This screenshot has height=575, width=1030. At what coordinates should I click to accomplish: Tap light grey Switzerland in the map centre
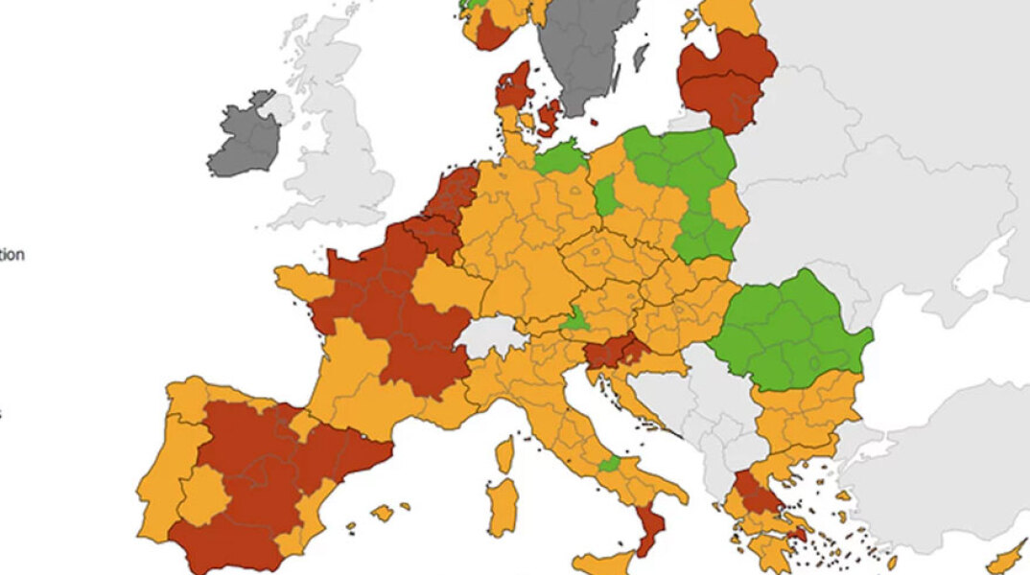(x=491, y=336)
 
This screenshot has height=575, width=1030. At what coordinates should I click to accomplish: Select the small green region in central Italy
(x=608, y=464)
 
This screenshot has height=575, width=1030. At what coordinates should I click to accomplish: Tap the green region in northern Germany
(x=561, y=157)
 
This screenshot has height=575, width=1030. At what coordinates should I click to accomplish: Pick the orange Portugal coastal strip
(x=158, y=479)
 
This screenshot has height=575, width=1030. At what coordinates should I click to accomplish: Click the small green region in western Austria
(x=575, y=321)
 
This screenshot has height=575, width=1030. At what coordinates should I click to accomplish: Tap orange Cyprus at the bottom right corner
(x=1007, y=559)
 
